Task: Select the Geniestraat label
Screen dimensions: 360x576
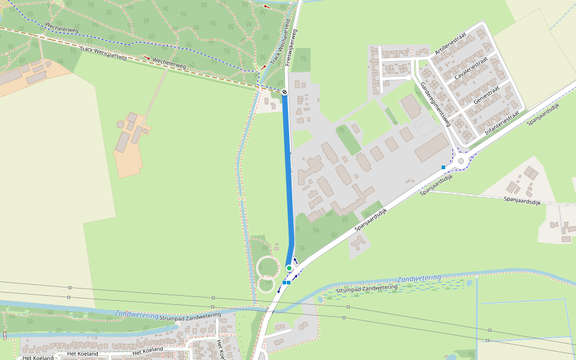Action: coord(487,95)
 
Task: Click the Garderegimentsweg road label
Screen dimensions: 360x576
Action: coord(435,104)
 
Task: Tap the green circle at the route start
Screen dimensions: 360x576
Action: coord(289,268)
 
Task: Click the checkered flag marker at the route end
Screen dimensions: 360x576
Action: coord(284,92)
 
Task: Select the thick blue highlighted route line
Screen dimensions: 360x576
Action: coord(289,180)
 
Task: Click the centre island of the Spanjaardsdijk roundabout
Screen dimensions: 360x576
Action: coord(461,161)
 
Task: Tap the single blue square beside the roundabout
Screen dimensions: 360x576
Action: coord(443,167)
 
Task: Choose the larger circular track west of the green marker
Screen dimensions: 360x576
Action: coord(268,266)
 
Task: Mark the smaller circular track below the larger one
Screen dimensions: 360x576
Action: coord(266,284)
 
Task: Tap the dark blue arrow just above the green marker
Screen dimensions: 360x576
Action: coord(295,260)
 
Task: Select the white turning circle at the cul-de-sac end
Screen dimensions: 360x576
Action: coord(409,77)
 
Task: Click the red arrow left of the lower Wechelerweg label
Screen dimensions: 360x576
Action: coord(146,58)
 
